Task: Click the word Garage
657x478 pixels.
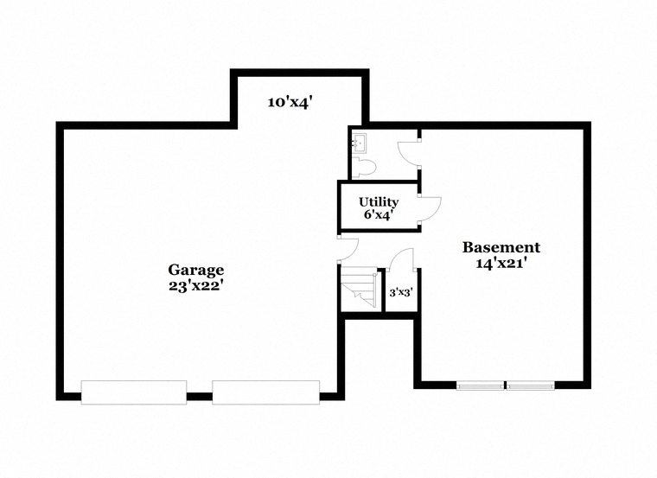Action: click(195, 271)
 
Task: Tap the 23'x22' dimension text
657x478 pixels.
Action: click(195, 286)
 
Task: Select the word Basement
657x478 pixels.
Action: click(501, 247)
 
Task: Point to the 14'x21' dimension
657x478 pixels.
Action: click(501, 263)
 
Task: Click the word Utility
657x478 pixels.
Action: click(379, 202)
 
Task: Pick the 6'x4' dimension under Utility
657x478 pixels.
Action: click(379, 215)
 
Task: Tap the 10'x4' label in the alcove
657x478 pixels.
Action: click(290, 102)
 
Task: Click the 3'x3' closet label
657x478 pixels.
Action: click(401, 292)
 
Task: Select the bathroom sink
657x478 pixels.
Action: click(358, 143)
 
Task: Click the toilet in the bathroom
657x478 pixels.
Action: click(363, 167)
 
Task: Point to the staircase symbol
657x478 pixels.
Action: click(359, 289)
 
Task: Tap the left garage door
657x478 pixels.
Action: click(134, 392)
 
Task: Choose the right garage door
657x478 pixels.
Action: click(266, 392)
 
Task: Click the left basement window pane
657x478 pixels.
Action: click(480, 386)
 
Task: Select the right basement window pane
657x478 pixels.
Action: click(531, 386)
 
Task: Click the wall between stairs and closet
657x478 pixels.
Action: click(382, 290)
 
